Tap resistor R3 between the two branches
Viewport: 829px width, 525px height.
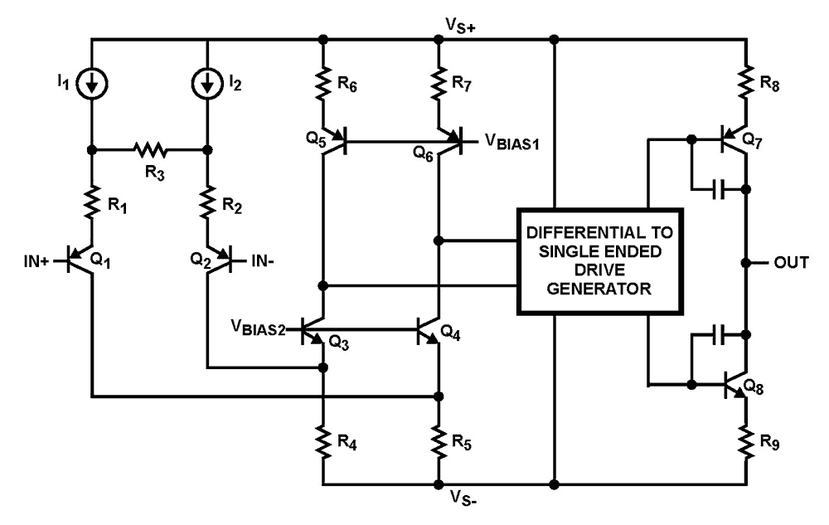pos(149,151)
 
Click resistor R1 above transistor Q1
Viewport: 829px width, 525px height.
pos(91,199)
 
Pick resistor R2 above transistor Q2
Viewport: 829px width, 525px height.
pos(206,199)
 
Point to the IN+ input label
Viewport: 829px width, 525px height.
pos(36,262)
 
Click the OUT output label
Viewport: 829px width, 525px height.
pos(789,262)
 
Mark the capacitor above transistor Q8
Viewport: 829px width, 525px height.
pos(720,336)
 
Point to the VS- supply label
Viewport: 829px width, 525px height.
pos(465,498)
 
